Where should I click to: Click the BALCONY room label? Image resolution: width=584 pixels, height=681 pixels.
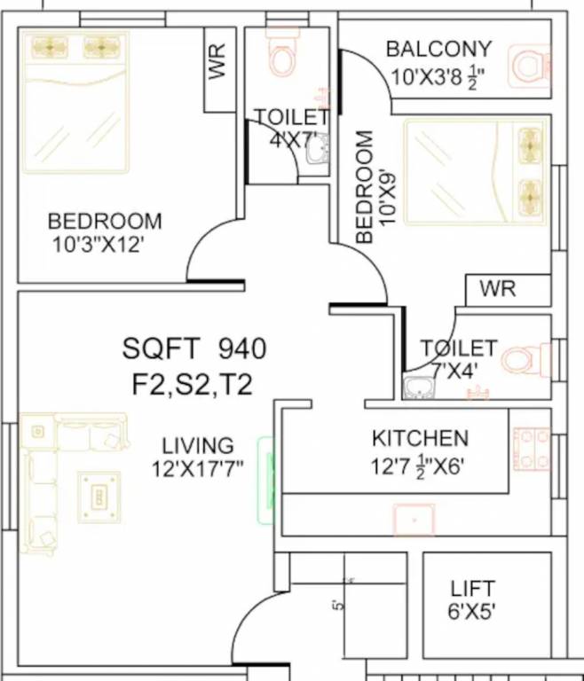[x=438, y=48]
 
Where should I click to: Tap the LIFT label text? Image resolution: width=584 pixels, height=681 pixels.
[x=472, y=589]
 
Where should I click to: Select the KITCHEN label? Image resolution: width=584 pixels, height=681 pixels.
[x=420, y=438]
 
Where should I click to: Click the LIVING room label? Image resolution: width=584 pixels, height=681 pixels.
[x=197, y=445]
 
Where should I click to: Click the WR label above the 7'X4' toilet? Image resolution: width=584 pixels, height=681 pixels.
[x=498, y=289]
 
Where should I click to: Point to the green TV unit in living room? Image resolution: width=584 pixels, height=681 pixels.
[x=264, y=479]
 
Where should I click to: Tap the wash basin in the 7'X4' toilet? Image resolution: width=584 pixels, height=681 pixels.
[x=417, y=387]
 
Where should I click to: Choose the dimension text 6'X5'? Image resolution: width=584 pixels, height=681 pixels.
[x=472, y=611]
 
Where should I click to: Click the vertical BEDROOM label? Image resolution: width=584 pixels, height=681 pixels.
[x=364, y=187]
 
